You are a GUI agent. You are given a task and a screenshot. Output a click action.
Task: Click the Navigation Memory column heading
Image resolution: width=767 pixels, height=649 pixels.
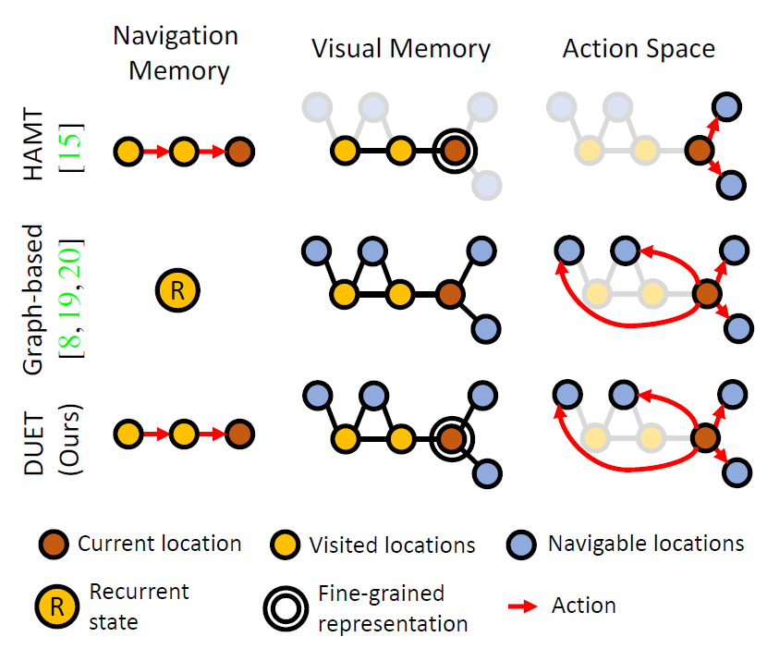(175, 54)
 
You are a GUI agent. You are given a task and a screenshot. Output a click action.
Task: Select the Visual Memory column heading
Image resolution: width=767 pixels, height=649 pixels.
(400, 48)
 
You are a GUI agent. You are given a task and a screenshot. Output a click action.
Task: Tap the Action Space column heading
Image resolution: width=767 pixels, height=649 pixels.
(639, 48)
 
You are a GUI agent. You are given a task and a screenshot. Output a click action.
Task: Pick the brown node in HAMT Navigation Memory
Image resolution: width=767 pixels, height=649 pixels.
(239, 150)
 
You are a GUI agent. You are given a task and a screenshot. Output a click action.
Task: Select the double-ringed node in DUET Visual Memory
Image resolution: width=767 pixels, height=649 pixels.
(451, 435)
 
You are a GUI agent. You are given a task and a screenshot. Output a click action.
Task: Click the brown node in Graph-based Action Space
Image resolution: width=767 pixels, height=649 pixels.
(707, 295)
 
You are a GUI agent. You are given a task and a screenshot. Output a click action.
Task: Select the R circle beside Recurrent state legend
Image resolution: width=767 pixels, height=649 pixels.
(56, 606)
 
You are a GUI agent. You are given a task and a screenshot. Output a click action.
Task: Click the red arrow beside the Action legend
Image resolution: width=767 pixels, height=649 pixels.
(523, 606)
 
